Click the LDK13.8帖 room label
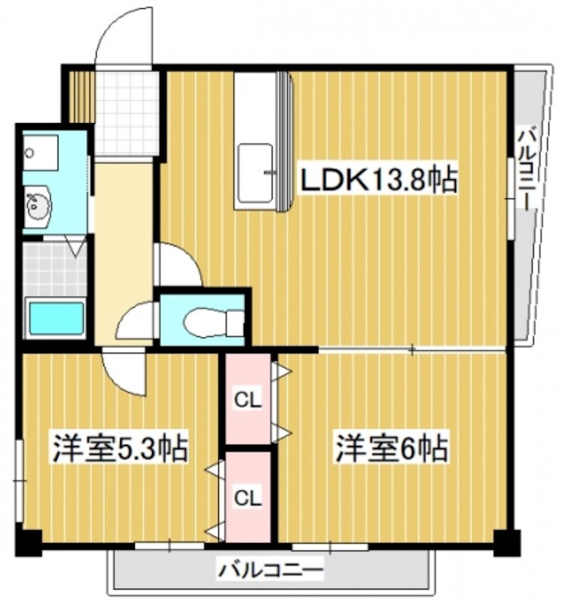pyautogui.click(x=379, y=180)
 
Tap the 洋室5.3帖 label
pyautogui.click(x=118, y=449)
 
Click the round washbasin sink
pyautogui.click(x=36, y=205)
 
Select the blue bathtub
pyautogui.click(x=55, y=319)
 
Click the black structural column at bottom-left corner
pyautogui.click(x=28, y=541)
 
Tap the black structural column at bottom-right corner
pyautogui.click(x=507, y=541)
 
